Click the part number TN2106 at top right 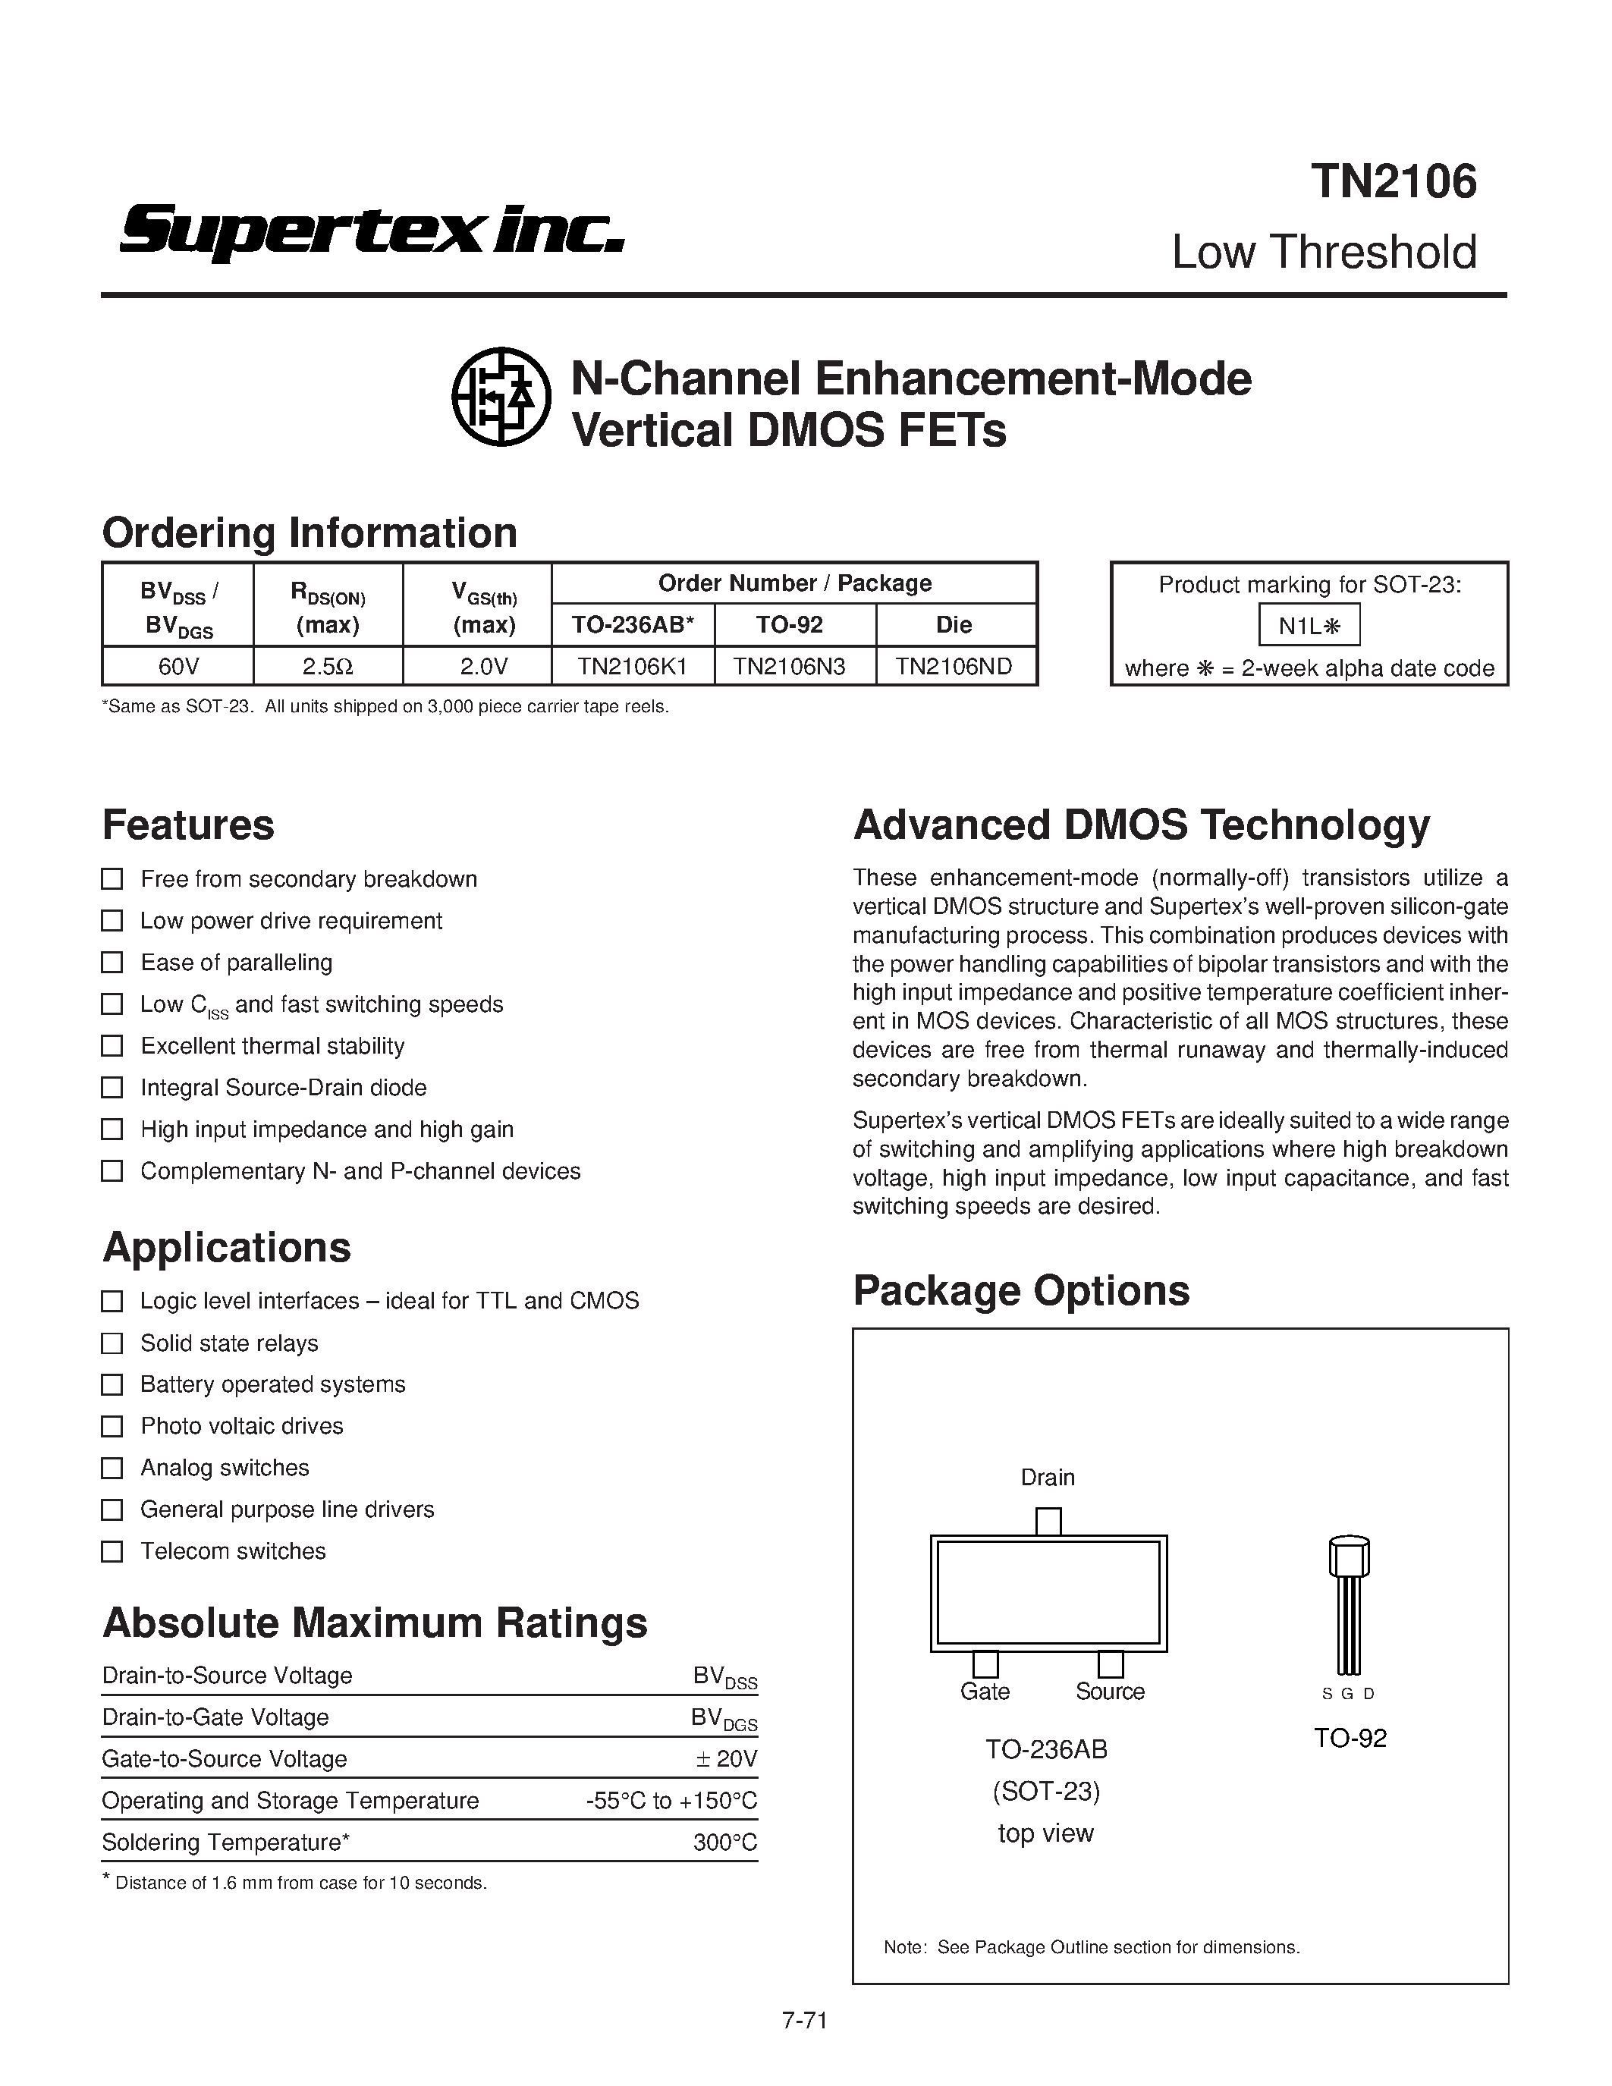[1394, 181]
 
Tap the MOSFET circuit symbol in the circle [501, 397]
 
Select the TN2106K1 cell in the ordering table [632, 666]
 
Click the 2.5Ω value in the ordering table [328, 666]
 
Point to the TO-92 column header [789, 624]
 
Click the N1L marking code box [1309, 626]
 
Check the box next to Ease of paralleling [113, 962]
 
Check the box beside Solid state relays [113, 1343]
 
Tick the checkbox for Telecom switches [113, 1551]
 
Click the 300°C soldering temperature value [726, 1843]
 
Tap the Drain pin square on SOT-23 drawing [1048, 1522]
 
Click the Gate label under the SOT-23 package [985, 1692]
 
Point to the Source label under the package [1110, 1692]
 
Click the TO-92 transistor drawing [1349, 1604]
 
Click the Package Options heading [1021, 1290]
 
